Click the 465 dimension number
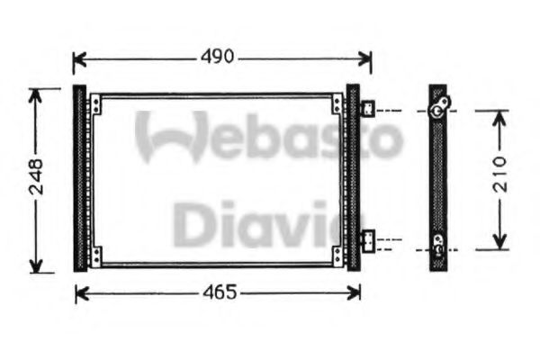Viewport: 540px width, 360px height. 219,292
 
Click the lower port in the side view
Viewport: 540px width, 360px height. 437,241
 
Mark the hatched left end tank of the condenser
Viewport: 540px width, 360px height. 79,177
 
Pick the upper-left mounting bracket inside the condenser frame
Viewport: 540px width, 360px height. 94,105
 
